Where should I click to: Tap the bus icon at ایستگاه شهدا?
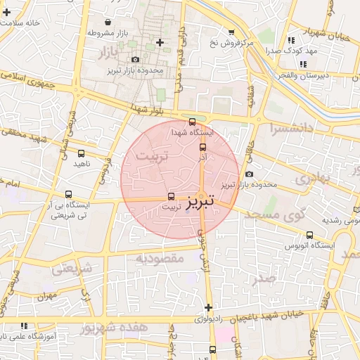(x=193, y=122)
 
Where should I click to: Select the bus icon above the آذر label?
(x=203, y=148)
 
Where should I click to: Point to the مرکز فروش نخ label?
(x=231, y=43)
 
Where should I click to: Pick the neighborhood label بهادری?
(x=311, y=179)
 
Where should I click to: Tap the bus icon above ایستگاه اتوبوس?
(x=309, y=236)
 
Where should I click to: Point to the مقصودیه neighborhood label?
(x=160, y=258)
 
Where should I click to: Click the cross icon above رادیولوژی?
(x=208, y=307)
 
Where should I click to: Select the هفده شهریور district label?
(x=114, y=328)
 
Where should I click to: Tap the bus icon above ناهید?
(x=81, y=153)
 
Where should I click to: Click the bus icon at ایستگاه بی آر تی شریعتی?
(x=68, y=194)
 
